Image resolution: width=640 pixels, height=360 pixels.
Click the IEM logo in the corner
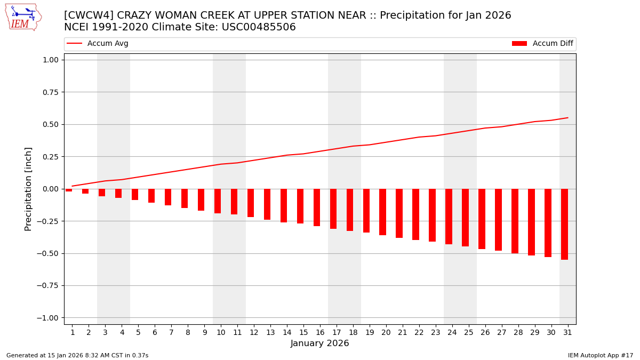23,17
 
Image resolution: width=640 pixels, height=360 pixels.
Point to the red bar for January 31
564,224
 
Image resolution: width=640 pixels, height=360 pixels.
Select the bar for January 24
449,217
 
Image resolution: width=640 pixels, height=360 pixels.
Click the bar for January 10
218,201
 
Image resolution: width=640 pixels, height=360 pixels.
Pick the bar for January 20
382,212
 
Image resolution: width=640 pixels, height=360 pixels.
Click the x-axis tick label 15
303,333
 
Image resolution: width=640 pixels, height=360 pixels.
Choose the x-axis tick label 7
171,333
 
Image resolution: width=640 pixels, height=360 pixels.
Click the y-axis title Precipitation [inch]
28,189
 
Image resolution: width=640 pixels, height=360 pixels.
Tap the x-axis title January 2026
320,344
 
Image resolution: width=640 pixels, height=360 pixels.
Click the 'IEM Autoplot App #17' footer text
601,355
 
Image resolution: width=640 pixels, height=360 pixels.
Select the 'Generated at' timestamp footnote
77,355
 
